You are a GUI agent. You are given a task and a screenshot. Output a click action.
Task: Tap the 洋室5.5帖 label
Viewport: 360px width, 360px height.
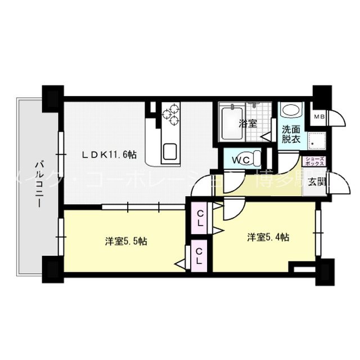pyautogui.click(x=126, y=241)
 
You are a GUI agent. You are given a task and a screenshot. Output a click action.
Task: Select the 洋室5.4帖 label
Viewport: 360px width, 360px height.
pyautogui.click(x=268, y=237)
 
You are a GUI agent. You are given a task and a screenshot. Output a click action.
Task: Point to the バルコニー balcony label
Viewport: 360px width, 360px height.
pyautogui.click(x=39, y=180)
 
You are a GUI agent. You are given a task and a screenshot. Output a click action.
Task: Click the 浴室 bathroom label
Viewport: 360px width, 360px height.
pyautogui.click(x=247, y=123)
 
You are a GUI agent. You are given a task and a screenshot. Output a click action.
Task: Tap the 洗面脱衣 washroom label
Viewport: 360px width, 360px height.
pyautogui.click(x=291, y=133)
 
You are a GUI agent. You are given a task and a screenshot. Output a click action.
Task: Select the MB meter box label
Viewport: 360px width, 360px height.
pyautogui.click(x=319, y=117)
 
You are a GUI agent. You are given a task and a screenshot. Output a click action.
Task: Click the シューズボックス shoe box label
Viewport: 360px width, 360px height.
pyautogui.click(x=314, y=161)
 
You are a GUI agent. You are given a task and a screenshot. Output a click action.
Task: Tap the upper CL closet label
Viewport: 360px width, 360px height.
pyautogui.click(x=200, y=218)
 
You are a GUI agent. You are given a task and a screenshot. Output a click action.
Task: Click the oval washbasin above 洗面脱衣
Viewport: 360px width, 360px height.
pyautogui.click(x=291, y=111)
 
